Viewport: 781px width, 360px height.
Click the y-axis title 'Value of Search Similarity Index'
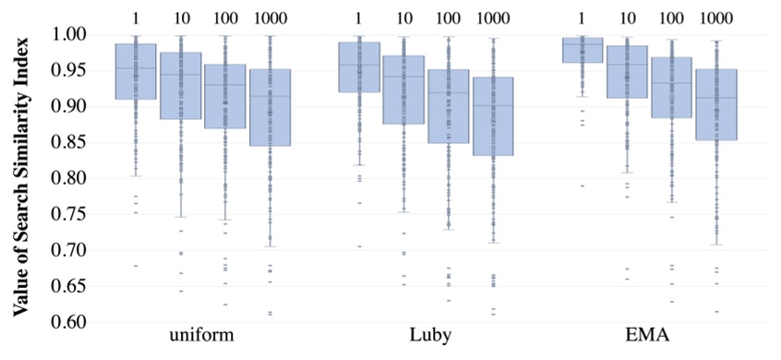(20, 177)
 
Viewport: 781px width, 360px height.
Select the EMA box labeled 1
(583, 50)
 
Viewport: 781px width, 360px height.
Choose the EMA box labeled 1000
(717, 104)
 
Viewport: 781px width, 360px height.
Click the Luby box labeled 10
(403, 90)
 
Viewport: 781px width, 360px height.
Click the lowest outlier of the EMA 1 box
(583, 186)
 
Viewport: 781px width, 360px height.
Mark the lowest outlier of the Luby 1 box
(359, 246)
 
